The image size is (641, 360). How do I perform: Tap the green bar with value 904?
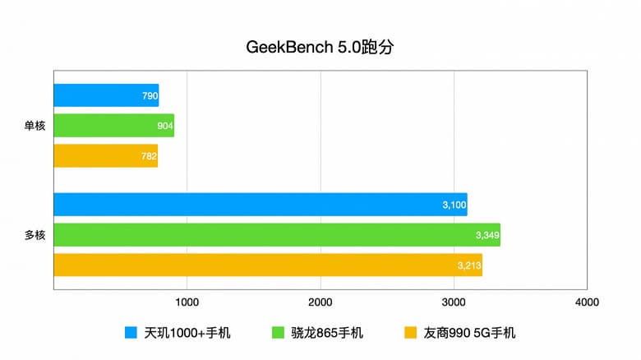113,126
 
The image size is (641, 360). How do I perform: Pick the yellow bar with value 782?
105,156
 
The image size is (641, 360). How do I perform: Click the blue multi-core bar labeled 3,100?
260,205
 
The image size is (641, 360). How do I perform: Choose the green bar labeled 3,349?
276,235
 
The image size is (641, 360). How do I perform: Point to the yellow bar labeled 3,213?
267,265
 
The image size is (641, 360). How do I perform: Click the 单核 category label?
35,126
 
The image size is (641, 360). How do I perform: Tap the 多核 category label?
35,235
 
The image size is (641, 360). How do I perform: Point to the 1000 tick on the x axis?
187,302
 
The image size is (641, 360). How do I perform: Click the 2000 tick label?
320,302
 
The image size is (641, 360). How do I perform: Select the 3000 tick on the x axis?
454,302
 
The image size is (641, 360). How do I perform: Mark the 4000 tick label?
587,302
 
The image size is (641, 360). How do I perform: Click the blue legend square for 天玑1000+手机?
130,333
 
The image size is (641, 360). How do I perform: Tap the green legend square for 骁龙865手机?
277,333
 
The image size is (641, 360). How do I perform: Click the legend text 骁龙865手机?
327,333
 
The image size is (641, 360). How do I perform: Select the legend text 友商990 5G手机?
469,333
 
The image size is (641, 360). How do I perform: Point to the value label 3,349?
487,236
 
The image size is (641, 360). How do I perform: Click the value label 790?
150,96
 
